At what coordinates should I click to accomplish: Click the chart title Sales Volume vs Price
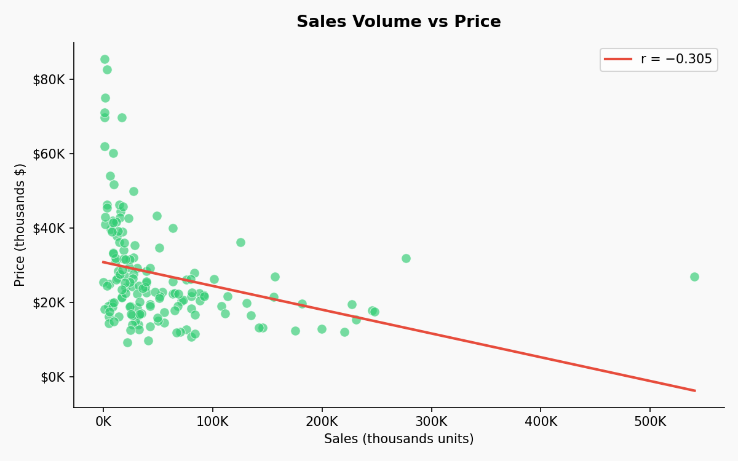click(x=399, y=22)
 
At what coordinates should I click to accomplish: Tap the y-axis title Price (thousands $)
click(x=20, y=224)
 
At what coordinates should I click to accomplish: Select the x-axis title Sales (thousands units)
click(x=399, y=439)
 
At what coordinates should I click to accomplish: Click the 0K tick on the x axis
click(x=103, y=422)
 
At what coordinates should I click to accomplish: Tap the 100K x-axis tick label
click(x=213, y=422)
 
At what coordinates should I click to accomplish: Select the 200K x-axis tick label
click(x=322, y=422)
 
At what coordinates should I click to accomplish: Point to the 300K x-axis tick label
click(x=431, y=422)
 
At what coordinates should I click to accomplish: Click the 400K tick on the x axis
click(x=541, y=422)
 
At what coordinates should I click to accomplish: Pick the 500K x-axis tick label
click(x=650, y=422)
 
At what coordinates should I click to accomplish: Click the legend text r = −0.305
click(x=676, y=60)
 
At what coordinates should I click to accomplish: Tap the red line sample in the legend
click(x=618, y=60)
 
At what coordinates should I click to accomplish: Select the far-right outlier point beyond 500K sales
click(x=694, y=277)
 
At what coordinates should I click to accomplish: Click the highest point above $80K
click(x=105, y=60)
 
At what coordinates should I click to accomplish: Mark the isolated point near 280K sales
click(x=406, y=258)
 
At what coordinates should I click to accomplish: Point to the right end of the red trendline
click(x=694, y=390)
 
